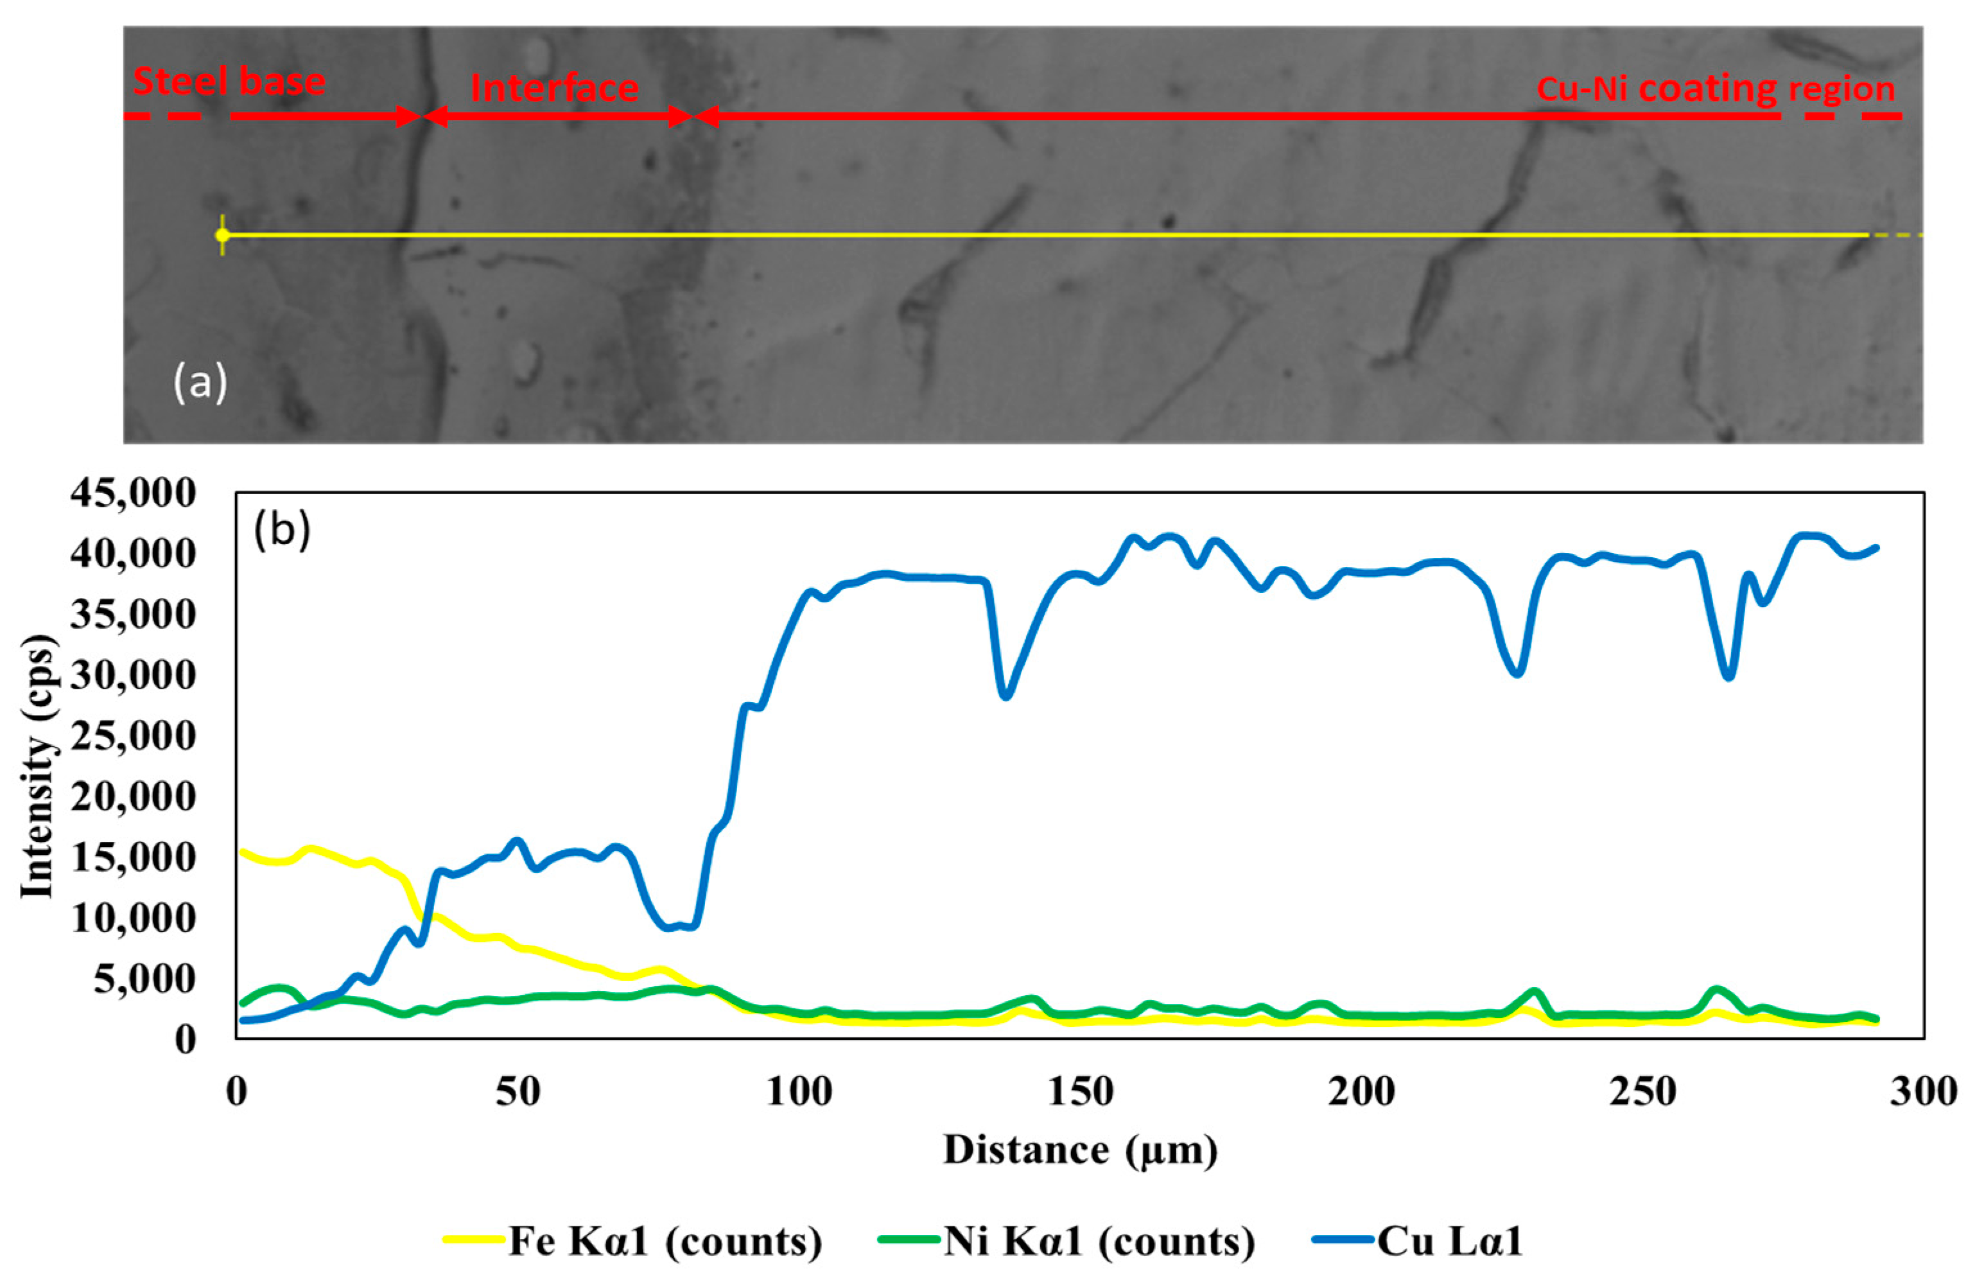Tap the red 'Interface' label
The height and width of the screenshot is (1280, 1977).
coord(554,88)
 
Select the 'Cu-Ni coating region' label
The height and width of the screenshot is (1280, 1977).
coord(1715,89)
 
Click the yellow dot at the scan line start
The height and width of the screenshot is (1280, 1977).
coord(222,235)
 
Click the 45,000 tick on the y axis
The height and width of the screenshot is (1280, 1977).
coord(133,493)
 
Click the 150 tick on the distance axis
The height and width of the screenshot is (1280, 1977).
coord(1081,1091)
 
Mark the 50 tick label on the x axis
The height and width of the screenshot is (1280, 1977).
coord(518,1091)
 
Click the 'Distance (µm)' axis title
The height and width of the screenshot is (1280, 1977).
coord(1080,1150)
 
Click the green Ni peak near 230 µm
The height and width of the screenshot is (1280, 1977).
coord(1534,992)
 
